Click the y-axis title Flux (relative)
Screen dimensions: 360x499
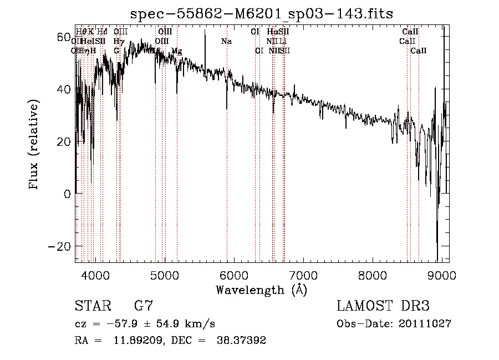(34, 145)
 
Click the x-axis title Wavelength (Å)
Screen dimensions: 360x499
(261, 290)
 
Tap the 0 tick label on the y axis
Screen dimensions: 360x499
(67, 194)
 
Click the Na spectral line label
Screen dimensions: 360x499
(226, 42)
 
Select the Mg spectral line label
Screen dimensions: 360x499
(176, 51)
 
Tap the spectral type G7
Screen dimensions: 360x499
(144, 306)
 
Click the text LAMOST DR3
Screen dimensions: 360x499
(383, 306)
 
